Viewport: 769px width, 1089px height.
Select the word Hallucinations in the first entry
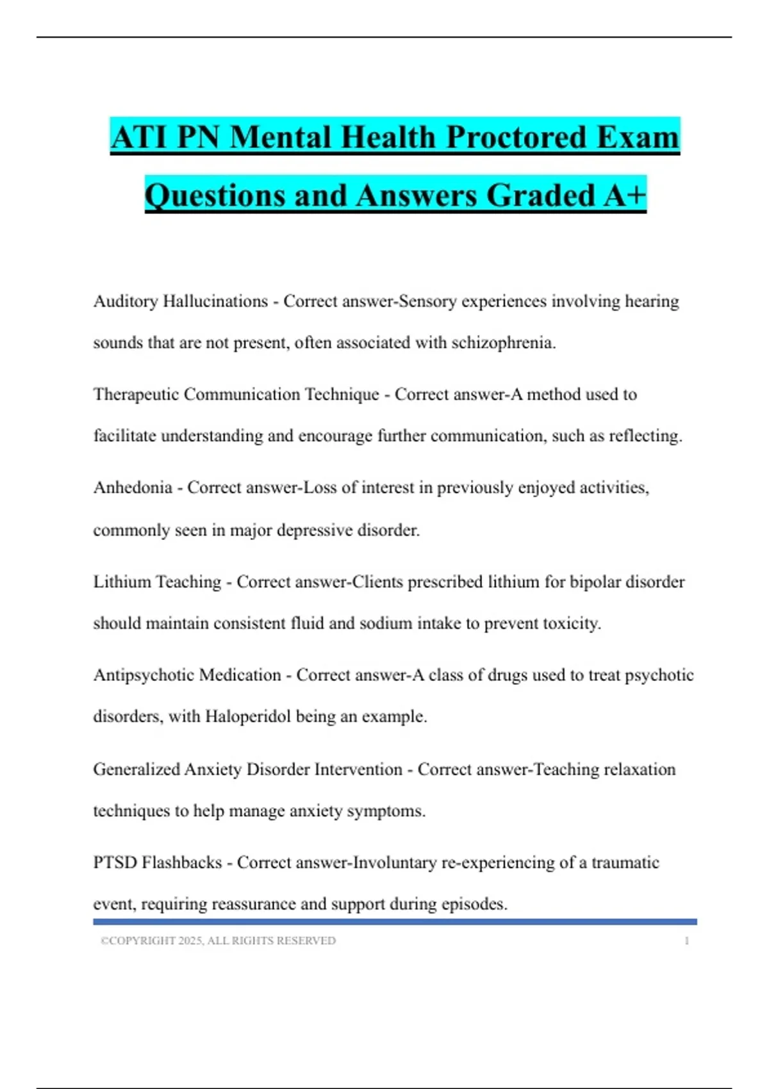click(215, 301)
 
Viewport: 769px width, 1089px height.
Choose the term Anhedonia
click(133, 487)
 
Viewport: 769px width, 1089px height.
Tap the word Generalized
click(136, 769)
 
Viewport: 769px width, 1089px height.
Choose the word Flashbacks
click(181, 862)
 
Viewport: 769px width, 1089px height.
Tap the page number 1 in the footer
click(686, 940)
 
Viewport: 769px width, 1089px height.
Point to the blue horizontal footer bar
click(395, 922)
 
